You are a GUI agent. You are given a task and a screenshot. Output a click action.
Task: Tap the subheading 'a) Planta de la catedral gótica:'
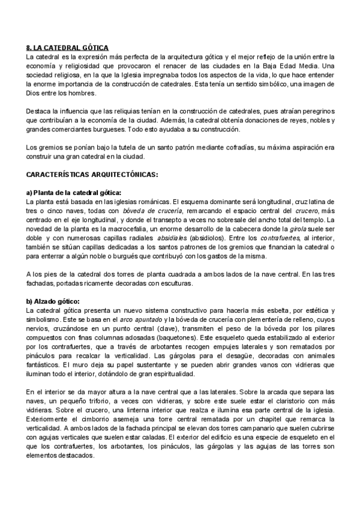(73, 192)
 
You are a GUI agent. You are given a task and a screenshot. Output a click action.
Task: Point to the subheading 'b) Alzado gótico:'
(53, 301)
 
